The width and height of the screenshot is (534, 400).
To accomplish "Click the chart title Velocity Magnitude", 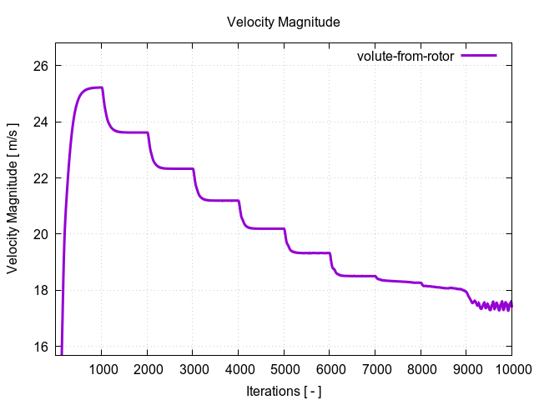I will click(x=283, y=22).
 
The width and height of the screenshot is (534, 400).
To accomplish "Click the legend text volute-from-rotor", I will click(x=405, y=56).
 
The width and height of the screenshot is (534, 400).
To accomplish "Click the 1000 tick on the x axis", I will click(x=102, y=369).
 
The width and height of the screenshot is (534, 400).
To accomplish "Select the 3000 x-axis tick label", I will click(x=193, y=369).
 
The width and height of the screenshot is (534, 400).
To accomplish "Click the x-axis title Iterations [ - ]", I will click(x=284, y=391).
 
